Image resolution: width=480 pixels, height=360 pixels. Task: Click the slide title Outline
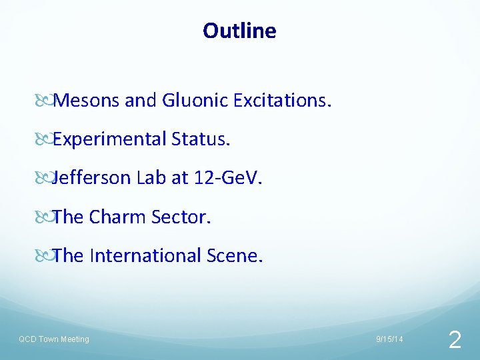(x=239, y=31)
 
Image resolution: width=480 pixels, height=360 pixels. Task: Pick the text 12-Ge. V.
(x=227, y=178)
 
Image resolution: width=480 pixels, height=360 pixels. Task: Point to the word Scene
(x=236, y=255)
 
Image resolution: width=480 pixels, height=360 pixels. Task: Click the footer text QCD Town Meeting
(x=53, y=339)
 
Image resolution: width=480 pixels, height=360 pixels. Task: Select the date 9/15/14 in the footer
(x=389, y=340)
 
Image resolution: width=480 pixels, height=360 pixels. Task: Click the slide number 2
(x=455, y=341)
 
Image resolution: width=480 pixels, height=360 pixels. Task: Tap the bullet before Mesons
(x=43, y=101)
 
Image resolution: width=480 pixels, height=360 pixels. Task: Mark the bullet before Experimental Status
(x=43, y=140)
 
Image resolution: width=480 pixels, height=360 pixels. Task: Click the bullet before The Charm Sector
(x=43, y=217)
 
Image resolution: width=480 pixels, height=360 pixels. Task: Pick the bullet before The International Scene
(x=43, y=256)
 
